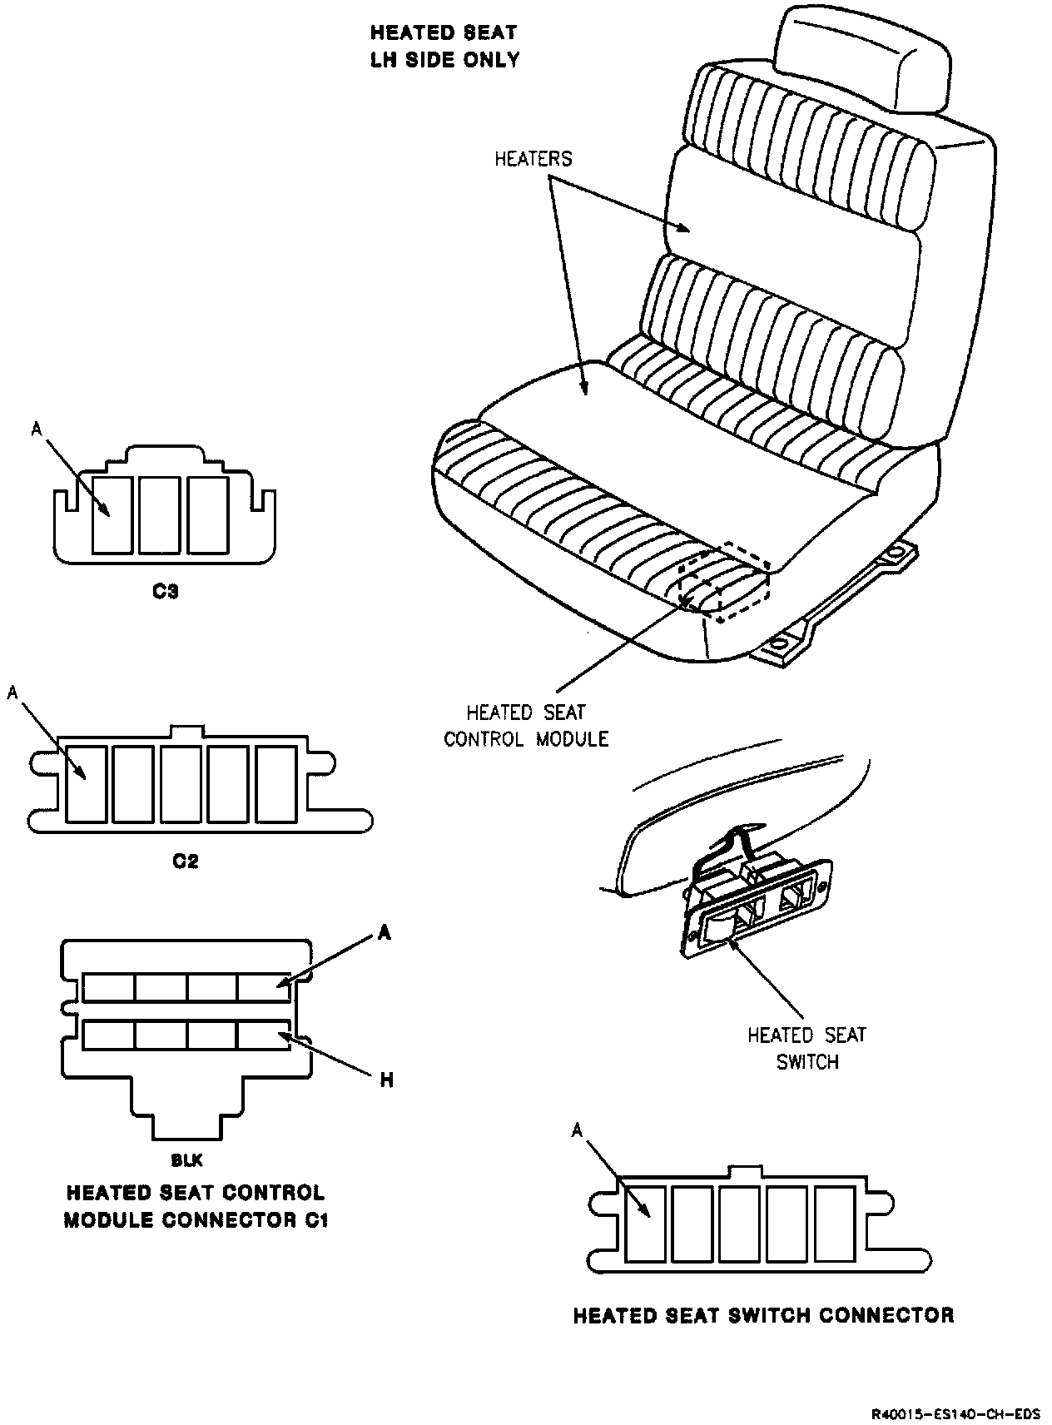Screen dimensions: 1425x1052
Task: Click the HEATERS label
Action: pos(533,158)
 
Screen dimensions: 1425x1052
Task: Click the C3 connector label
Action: pos(166,593)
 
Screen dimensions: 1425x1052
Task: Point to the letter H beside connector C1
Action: pos(386,1080)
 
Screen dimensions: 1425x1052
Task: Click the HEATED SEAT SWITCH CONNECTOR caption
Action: pos(763,1315)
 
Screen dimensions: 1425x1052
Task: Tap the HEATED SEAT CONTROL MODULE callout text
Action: pos(526,726)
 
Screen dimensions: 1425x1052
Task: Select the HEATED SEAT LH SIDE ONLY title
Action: pos(444,47)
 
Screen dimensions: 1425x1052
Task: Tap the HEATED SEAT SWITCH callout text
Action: pos(806,1049)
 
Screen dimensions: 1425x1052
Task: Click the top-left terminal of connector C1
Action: pos(109,988)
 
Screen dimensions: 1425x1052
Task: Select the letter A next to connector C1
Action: pos(384,934)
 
